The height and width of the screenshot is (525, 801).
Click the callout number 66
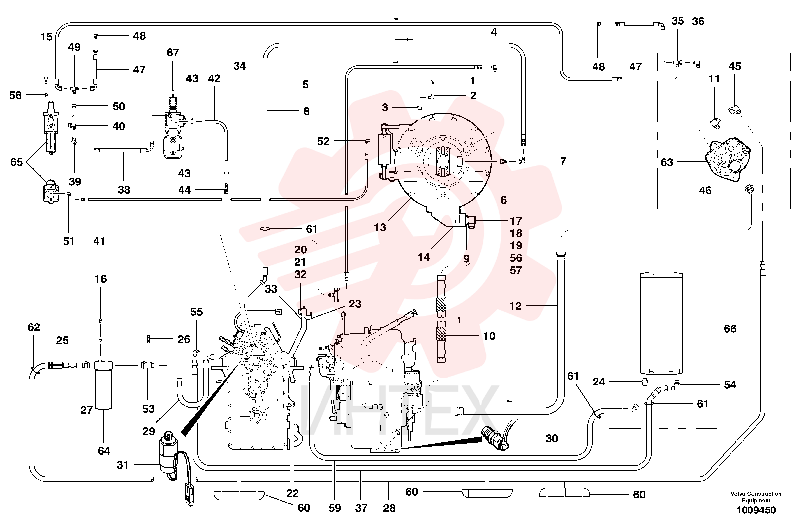[730, 328]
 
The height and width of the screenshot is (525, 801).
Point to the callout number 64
[104, 451]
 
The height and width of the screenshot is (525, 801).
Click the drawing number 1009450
[756, 510]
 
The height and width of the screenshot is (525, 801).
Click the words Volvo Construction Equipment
[756, 497]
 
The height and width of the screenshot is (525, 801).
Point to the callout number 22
[293, 493]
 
